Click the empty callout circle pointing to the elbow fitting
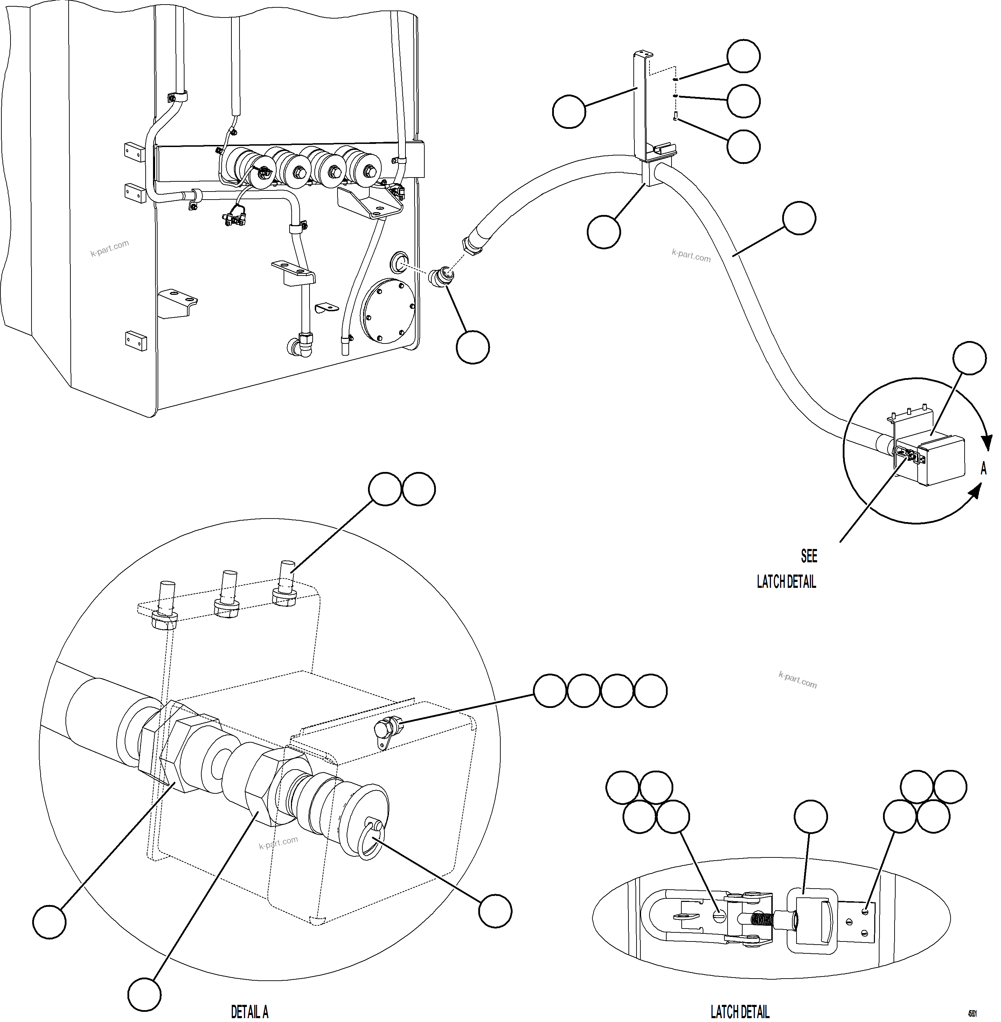pos(473,347)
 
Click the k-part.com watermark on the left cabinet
pos(109,248)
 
